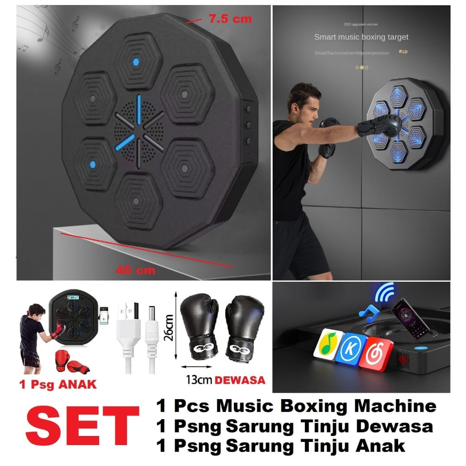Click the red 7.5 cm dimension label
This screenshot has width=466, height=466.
[230, 20]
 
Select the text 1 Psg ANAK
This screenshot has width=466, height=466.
[58, 384]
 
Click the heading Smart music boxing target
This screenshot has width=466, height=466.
[361, 37]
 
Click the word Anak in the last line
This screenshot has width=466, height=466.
[382, 446]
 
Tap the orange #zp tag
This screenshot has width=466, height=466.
[403, 52]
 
